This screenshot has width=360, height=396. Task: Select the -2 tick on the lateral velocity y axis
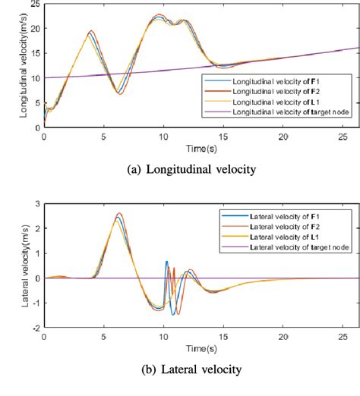point(36,328)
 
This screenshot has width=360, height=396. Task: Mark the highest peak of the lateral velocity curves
point(118,213)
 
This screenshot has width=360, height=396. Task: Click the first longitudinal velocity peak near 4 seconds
point(91,32)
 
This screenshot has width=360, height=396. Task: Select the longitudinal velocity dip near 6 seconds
point(118,93)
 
